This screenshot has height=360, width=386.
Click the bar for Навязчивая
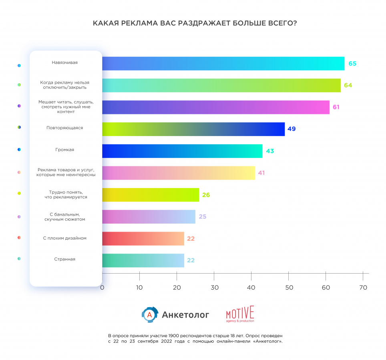coord(223,64)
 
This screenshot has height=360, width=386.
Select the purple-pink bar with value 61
coord(215,107)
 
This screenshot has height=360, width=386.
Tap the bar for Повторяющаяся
coord(193,129)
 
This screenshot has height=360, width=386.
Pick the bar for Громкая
coord(182,151)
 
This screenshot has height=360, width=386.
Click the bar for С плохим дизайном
coord(143,238)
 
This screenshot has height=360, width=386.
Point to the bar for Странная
coord(143,260)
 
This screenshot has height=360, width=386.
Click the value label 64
coord(348,85)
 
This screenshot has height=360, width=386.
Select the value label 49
coord(292,129)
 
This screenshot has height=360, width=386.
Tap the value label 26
coord(206,195)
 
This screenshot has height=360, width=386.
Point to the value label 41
coord(261,173)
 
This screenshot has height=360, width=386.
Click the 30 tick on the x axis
coord(214,287)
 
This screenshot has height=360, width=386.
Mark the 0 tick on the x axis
coord(102,287)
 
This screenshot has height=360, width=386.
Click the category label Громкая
coord(64,150)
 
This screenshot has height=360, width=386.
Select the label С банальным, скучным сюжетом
coord(64,217)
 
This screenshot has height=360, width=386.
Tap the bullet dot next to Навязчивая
coord(19,66)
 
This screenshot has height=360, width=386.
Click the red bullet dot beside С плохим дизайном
coord(19,238)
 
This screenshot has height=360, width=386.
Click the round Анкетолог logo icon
coord(150,314)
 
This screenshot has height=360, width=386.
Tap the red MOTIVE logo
coord(240,314)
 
